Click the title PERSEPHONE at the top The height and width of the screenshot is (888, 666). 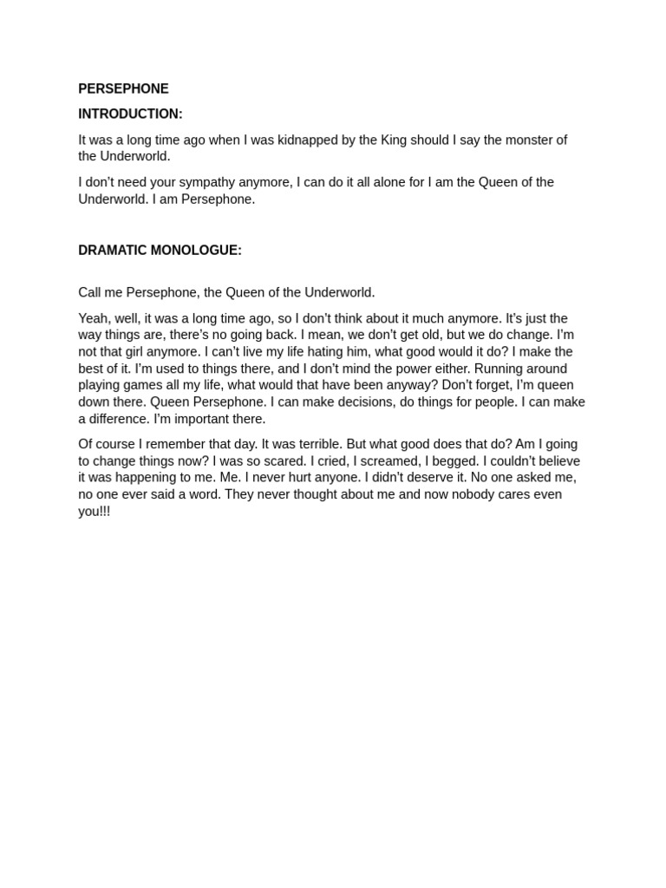click(x=123, y=88)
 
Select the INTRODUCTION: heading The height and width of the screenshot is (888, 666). click(x=130, y=114)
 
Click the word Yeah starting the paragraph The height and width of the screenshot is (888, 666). click(x=93, y=318)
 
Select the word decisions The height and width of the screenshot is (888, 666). click(x=365, y=402)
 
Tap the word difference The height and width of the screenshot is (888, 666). click(x=119, y=419)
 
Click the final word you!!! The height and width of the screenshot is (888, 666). click(x=95, y=512)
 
